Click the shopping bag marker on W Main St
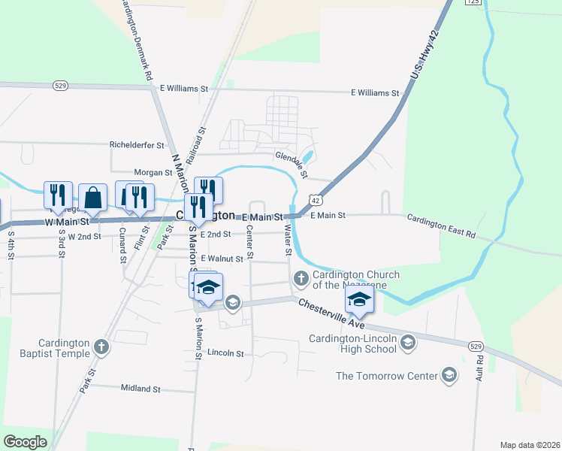92,198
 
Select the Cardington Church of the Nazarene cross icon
301,280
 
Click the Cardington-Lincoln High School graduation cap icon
408,344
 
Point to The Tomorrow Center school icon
449,375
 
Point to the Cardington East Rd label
442,225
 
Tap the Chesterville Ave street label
331,314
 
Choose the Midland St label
141,389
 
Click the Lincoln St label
226,353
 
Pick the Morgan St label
153,173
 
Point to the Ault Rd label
479,370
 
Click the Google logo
25,442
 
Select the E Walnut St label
221,259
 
